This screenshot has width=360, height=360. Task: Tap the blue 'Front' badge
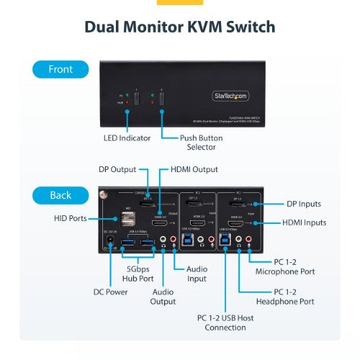point(60,70)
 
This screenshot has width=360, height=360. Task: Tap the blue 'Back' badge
point(60,195)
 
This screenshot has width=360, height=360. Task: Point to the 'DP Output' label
point(117,170)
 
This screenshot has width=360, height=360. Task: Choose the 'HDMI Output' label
point(195,170)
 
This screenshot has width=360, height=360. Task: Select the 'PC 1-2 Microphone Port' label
point(285,266)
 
